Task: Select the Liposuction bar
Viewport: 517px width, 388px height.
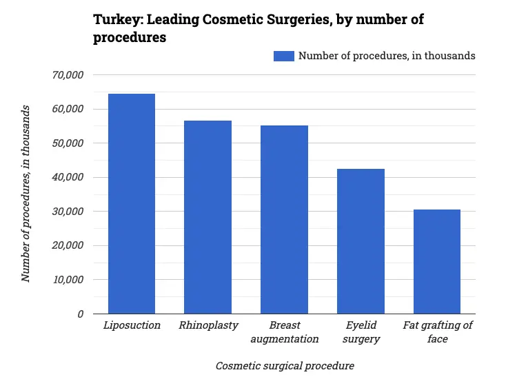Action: (x=132, y=203)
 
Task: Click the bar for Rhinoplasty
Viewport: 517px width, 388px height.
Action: (x=207, y=217)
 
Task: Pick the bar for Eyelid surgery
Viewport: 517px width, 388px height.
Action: (x=361, y=241)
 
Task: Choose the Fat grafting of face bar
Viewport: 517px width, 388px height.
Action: (x=436, y=261)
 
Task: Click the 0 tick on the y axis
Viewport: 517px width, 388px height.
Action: (x=80, y=314)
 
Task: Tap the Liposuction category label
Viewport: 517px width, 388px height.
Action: (x=132, y=325)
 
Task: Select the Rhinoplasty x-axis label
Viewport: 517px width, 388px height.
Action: (x=207, y=325)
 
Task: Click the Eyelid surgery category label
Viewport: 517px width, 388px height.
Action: (x=361, y=331)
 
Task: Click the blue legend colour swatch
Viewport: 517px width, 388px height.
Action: (x=284, y=56)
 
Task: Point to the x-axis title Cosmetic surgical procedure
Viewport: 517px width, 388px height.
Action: (x=285, y=366)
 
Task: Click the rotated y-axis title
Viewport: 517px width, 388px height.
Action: (x=26, y=194)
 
